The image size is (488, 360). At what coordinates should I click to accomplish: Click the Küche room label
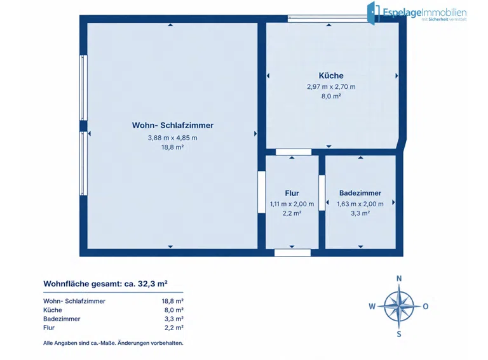pyautogui.click(x=331, y=76)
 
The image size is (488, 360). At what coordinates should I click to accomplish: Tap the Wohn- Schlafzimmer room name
pyautogui.click(x=172, y=125)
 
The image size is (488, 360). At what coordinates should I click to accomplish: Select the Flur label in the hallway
pyautogui.click(x=292, y=193)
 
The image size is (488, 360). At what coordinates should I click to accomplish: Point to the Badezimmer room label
pyautogui.click(x=360, y=193)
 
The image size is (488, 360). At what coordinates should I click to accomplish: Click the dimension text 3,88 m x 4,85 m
pyautogui.click(x=172, y=138)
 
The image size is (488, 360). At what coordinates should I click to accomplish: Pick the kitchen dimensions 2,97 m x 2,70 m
pyautogui.click(x=331, y=87)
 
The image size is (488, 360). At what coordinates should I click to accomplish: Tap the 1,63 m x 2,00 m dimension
pyautogui.click(x=360, y=204)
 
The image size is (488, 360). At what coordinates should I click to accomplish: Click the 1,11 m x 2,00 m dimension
pyautogui.click(x=292, y=204)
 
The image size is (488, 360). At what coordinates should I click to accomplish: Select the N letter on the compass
pyautogui.click(x=399, y=279)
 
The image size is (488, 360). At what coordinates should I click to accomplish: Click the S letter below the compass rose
pyautogui.click(x=399, y=334)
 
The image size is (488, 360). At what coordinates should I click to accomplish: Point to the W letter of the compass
pyautogui.click(x=372, y=307)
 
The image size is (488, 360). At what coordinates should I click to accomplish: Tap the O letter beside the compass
pyautogui.click(x=426, y=307)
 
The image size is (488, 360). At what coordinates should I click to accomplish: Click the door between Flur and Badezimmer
pyautogui.click(x=322, y=193)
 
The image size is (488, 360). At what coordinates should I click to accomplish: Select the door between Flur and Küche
pyautogui.click(x=294, y=152)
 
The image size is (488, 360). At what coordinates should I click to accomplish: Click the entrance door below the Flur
pyautogui.click(x=292, y=253)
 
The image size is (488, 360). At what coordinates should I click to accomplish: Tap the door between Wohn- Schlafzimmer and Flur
pyautogui.click(x=261, y=192)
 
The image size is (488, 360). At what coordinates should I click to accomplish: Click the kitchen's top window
pyautogui.click(x=327, y=18)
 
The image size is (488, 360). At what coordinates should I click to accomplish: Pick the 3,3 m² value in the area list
pyautogui.click(x=174, y=319)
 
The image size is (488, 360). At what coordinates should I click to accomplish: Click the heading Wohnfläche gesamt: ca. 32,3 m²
pyautogui.click(x=105, y=284)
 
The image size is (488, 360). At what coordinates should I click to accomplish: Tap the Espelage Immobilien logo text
pyautogui.click(x=424, y=13)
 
